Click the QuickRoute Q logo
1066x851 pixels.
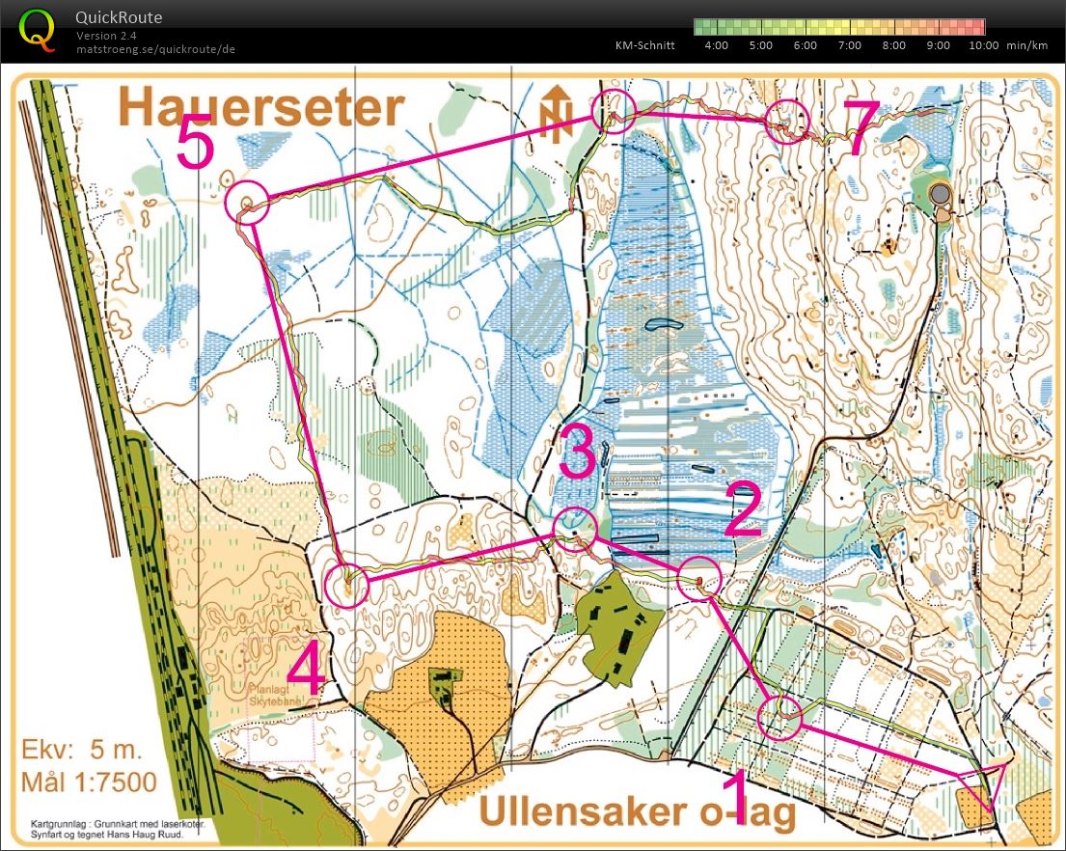click(x=38, y=29)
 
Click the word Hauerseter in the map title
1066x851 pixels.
click(x=260, y=109)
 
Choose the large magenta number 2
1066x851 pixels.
click(x=743, y=510)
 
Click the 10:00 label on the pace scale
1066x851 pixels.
click(x=982, y=45)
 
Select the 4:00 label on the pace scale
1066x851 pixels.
click(x=717, y=45)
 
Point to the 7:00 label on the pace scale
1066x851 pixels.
click(x=849, y=45)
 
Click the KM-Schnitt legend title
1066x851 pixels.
click(x=644, y=45)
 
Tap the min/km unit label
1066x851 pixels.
click(x=1026, y=45)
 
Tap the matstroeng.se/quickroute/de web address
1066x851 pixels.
click(x=155, y=48)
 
